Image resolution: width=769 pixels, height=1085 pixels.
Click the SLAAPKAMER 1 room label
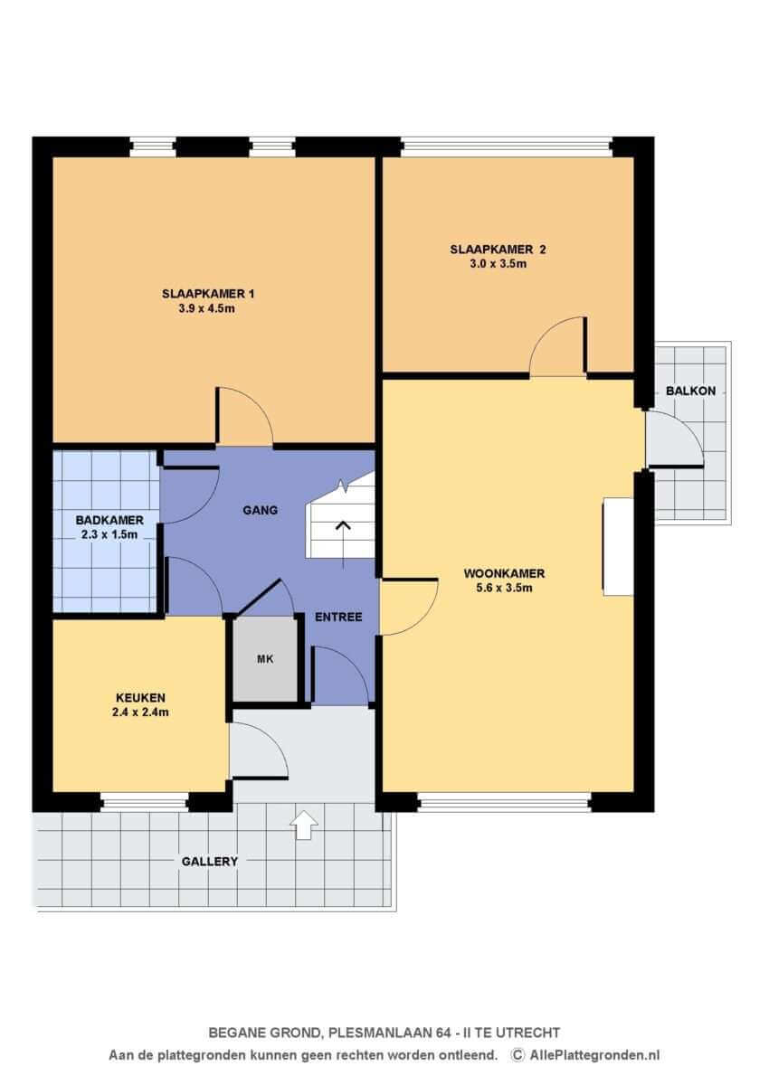pyautogui.click(x=208, y=294)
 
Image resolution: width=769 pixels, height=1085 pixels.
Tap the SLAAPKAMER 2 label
pyautogui.click(x=498, y=250)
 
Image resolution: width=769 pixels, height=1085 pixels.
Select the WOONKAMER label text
pyautogui.click(x=504, y=573)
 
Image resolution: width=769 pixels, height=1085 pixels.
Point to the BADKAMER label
pyautogui.click(x=109, y=520)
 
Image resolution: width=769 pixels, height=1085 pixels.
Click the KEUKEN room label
pyautogui.click(x=140, y=697)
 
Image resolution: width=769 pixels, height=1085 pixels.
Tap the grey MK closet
pyautogui.click(x=265, y=659)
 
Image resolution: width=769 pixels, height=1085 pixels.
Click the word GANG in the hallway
pyautogui.click(x=261, y=510)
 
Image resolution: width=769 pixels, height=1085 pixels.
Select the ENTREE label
pyautogui.click(x=338, y=617)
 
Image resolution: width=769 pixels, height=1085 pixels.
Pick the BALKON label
pyautogui.click(x=690, y=391)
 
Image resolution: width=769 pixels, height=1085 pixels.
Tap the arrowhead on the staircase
pyautogui.click(x=344, y=525)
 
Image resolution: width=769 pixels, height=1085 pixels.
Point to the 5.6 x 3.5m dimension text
pyautogui.click(x=504, y=588)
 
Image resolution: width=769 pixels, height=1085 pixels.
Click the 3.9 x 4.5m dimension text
pyautogui.click(x=206, y=308)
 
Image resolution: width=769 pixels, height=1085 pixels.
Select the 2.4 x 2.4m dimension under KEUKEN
pyautogui.click(x=140, y=712)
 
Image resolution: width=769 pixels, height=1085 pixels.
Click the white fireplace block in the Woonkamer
pyautogui.click(x=618, y=547)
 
